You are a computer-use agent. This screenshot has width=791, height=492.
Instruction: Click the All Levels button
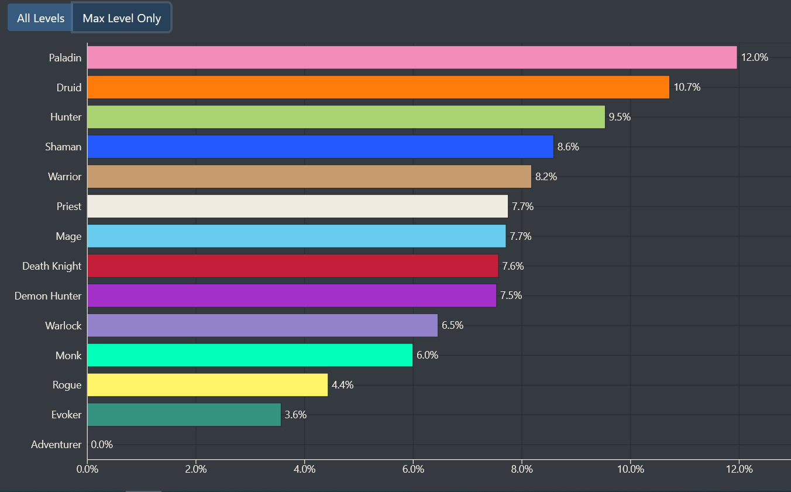pyautogui.click(x=40, y=18)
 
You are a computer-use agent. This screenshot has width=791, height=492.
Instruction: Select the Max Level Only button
pyautogui.click(x=122, y=18)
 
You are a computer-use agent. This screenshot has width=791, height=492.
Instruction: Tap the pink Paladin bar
pyautogui.click(x=412, y=57)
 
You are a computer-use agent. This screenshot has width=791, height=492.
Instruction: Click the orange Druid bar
pyautogui.click(x=378, y=87)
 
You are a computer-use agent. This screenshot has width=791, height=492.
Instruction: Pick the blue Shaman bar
pyautogui.click(x=320, y=147)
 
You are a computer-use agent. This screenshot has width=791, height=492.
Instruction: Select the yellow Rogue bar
pyautogui.click(x=207, y=385)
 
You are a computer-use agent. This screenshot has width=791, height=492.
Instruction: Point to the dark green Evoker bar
pyautogui.click(x=184, y=415)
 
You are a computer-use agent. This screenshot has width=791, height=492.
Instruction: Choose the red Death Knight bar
pyautogui.click(x=293, y=266)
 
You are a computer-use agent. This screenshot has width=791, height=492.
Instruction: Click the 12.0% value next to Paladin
pyautogui.click(x=754, y=57)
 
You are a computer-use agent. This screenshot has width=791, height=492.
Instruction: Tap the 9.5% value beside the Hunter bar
pyautogui.click(x=620, y=117)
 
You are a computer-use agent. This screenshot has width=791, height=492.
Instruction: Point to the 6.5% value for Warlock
pyautogui.click(x=452, y=325)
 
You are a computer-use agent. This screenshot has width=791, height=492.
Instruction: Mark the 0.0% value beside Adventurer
pyautogui.click(x=102, y=445)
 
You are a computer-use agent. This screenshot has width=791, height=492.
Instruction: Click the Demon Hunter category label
pyautogui.click(x=48, y=296)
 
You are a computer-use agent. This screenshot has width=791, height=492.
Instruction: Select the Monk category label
pyautogui.click(x=68, y=356)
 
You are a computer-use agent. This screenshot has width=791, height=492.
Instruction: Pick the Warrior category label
pyautogui.click(x=64, y=177)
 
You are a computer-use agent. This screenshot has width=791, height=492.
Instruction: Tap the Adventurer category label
pyautogui.click(x=56, y=445)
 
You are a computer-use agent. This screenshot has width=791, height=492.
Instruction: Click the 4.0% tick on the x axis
pyautogui.click(x=304, y=469)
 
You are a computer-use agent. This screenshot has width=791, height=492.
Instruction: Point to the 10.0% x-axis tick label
pyautogui.click(x=630, y=469)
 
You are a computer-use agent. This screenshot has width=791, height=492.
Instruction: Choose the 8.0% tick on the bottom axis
pyautogui.click(x=521, y=469)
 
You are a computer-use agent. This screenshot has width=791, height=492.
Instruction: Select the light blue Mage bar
pyautogui.click(x=296, y=236)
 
